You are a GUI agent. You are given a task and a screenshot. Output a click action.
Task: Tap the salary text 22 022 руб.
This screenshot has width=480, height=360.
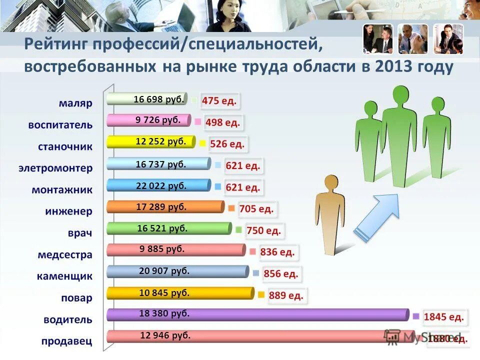point(161,185)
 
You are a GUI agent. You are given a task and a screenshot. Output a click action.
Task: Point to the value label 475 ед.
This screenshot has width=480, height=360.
point(219,101)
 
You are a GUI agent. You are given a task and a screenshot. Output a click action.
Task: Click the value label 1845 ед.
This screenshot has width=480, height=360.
point(444,316)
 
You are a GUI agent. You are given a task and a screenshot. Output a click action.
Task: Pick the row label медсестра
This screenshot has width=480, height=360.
point(65,254)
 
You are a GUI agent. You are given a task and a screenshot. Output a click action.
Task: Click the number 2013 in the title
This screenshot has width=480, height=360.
point(388,67)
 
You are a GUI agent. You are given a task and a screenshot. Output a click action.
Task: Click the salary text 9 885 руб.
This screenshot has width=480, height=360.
point(162,248)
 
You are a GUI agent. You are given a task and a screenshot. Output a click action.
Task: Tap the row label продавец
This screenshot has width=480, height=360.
point(67,341)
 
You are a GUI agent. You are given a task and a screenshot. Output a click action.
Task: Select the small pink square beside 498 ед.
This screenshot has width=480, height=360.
point(198,121)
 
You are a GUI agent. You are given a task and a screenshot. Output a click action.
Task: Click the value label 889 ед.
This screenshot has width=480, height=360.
point(286,295)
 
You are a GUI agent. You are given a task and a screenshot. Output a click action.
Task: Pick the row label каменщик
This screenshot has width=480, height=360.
point(64,276)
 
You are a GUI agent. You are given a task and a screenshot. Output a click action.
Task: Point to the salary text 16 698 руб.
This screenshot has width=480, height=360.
point(159,99)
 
